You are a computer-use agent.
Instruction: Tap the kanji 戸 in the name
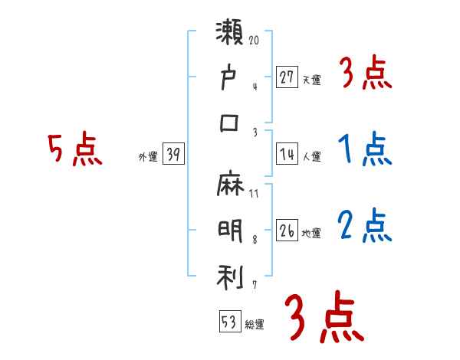pyautogui.click(x=230, y=79)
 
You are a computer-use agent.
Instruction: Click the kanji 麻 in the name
pyautogui.click(x=230, y=187)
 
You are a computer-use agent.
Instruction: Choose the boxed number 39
pyautogui.click(x=173, y=155)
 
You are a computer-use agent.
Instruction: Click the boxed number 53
pyautogui.click(x=229, y=321)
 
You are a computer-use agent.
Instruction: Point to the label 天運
pyautogui.click(x=311, y=79)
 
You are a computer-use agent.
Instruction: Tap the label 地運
pyautogui.click(x=311, y=234)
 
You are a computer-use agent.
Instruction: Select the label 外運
pyautogui.click(x=148, y=157)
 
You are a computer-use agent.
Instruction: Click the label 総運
pyautogui.click(x=254, y=324)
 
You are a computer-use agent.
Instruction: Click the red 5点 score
pyautogui.click(x=74, y=150)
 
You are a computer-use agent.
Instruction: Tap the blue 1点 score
pyautogui.click(x=365, y=149)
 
